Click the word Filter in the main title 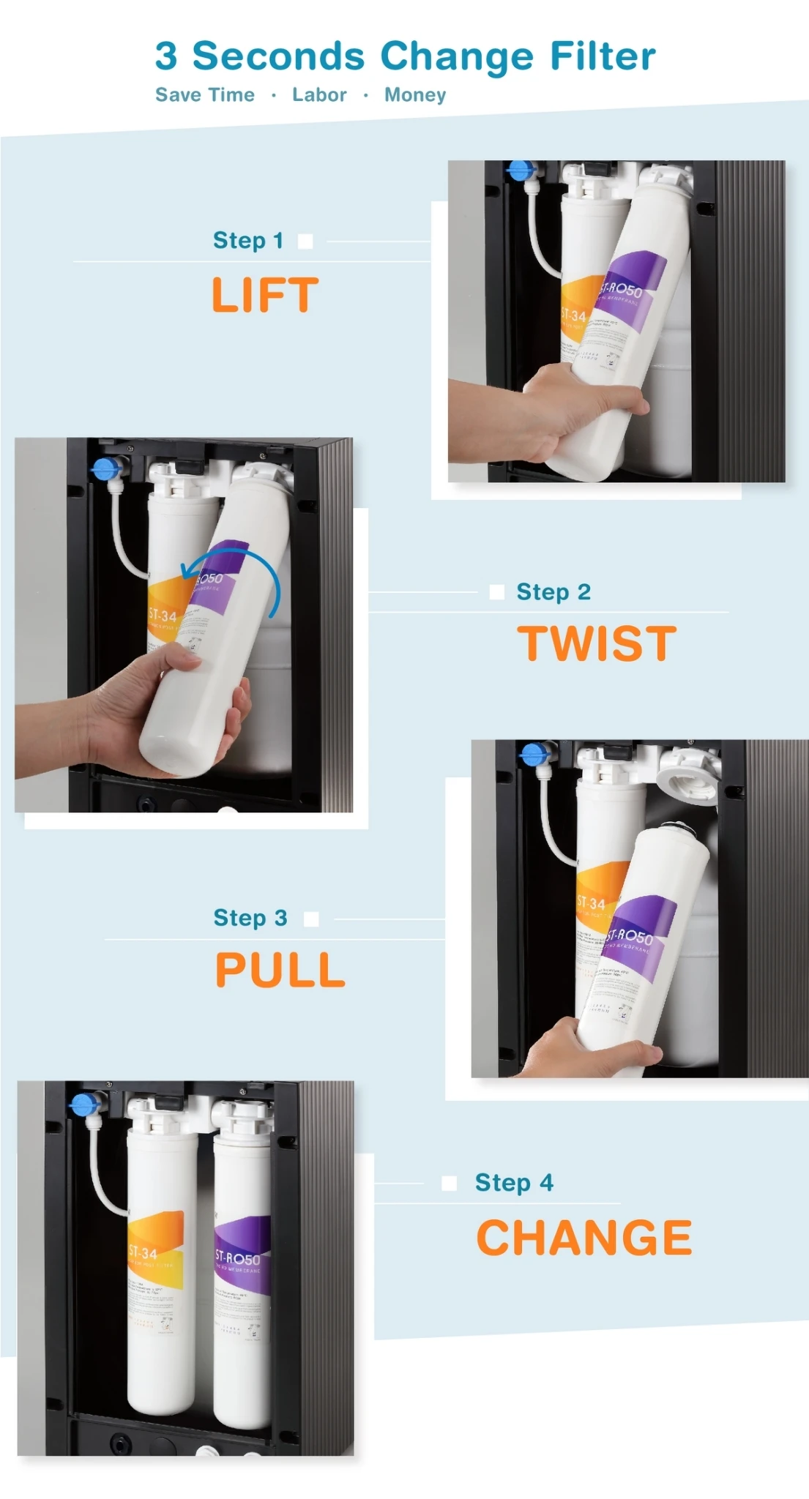click(x=603, y=56)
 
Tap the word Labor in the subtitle click(x=319, y=95)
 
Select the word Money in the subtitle click(x=415, y=95)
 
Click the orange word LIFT click(x=265, y=295)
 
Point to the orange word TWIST click(x=597, y=643)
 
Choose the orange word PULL click(x=280, y=970)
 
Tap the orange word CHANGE click(x=584, y=1238)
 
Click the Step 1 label click(x=247, y=241)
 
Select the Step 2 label click(x=553, y=592)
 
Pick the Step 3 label click(x=250, y=918)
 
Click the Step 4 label click(x=514, y=1183)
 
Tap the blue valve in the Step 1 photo click(x=519, y=171)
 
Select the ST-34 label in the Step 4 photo click(x=143, y=1253)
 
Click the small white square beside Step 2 click(x=497, y=592)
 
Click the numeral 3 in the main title click(x=166, y=56)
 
